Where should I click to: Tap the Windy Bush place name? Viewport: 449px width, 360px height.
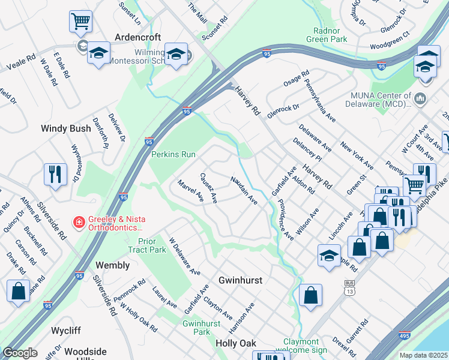pos(64,128)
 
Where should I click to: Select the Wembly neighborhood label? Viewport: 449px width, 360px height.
pos(112,265)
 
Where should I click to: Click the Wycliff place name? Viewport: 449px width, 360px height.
pos(66,331)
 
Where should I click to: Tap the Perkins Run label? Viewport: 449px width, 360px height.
pos(173,154)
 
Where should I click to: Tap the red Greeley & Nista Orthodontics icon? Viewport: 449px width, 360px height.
pos(78,223)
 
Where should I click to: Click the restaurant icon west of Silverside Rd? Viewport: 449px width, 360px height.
pos(55,175)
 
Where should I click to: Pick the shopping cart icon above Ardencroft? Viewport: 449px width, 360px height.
pos(80,22)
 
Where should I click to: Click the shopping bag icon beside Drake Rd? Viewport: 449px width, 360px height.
pos(19,292)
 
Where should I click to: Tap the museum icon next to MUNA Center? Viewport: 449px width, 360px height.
pos(420,98)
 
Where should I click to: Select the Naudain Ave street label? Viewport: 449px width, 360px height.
pos(244,190)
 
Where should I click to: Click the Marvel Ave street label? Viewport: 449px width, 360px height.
pos(190,191)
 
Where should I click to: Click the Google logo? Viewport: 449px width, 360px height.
pos(20,353)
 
